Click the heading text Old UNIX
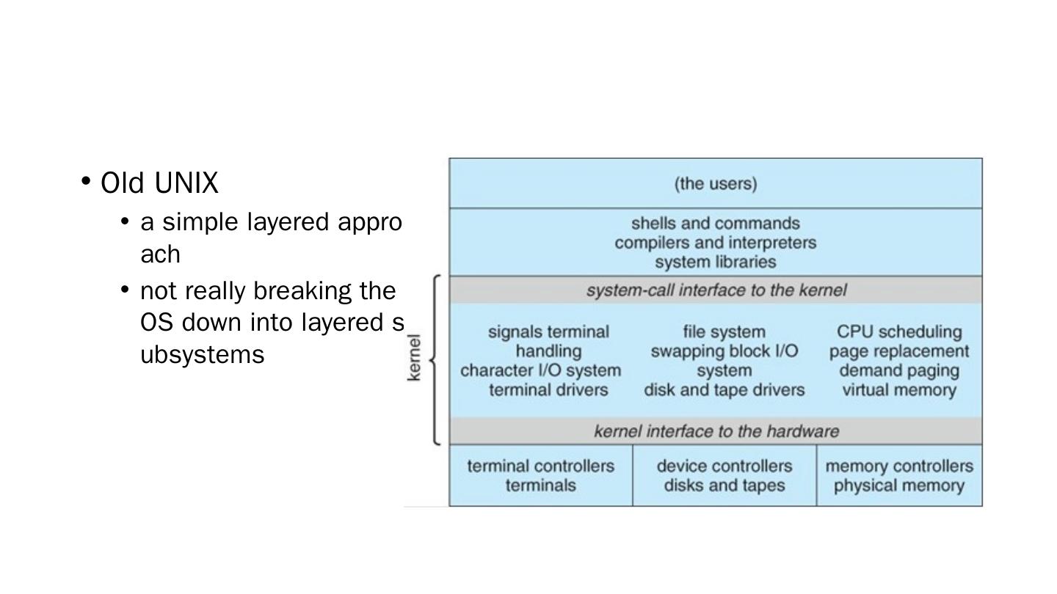click(x=159, y=183)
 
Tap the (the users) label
click(x=716, y=183)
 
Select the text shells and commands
click(x=716, y=223)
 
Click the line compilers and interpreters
click(x=716, y=243)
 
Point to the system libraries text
click(x=716, y=262)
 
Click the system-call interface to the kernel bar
click(x=716, y=290)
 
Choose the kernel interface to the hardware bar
click(x=716, y=431)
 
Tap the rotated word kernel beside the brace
click(x=414, y=358)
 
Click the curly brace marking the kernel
click(x=435, y=359)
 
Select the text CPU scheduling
click(x=899, y=332)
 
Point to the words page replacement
click(x=899, y=351)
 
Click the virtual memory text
click(x=899, y=390)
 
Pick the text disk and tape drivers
click(x=724, y=390)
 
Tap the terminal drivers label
click(x=548, y=390)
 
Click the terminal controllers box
click(x=541, y=475)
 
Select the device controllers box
click(x=724, y=475)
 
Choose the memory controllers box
click(x=899, y=475)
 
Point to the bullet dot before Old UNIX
click(x=87, y=180)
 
